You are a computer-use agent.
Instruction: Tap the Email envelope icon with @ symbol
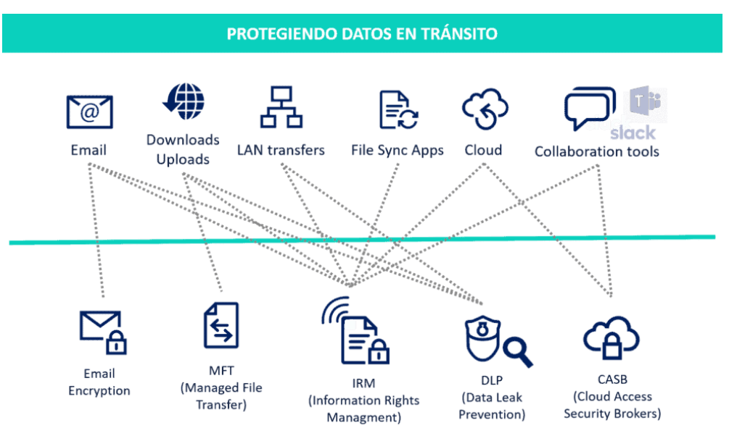point(89,112)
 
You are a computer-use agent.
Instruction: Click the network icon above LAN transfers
point(281,107)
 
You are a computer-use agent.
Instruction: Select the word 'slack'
point(633,133)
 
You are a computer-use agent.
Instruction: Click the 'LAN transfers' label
point(281,151)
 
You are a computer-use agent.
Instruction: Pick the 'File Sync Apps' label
point(398,151)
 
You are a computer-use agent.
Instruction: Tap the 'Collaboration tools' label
point(597,151)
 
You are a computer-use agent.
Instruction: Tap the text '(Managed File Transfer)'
point(221,396)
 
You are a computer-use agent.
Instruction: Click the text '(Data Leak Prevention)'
point(493,406)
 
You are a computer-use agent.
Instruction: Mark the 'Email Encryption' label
point(99,382)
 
